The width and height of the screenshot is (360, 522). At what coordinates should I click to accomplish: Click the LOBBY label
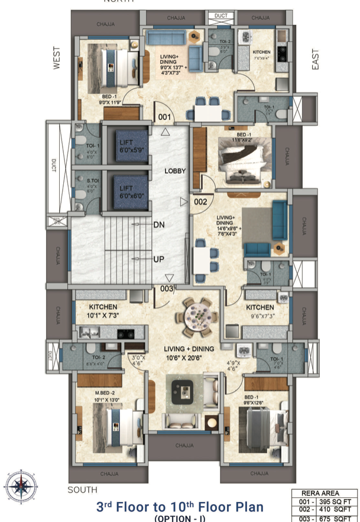175,171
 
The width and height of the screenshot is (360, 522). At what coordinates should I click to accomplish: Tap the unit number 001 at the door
165,117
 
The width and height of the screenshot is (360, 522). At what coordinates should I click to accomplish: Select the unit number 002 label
200,202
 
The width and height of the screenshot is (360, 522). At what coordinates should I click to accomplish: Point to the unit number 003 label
166,288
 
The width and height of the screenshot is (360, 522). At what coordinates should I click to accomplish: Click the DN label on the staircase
158,225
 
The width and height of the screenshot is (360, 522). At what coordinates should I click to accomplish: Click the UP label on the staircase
158,260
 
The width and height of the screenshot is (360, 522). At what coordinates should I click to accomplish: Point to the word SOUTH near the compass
82,490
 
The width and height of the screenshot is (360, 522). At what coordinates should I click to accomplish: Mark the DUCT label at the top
220,16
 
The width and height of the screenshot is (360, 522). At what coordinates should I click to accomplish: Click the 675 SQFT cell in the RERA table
339,518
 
